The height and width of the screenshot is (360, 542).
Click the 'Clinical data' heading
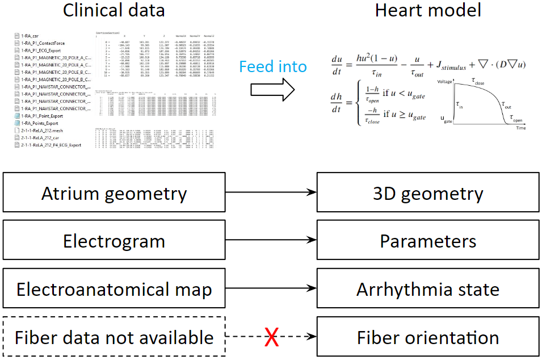click(114, 10)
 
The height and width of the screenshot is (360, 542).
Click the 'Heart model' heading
click(428, 10)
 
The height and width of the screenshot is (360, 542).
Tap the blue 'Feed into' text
click(273, 66)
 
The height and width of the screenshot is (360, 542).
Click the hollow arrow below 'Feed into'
click(273, 88)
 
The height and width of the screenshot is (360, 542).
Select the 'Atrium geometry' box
click(114, 194)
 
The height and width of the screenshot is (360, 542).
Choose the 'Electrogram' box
click(114, 242)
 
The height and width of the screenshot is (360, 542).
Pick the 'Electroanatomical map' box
click(114, 290)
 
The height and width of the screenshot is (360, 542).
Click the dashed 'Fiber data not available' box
click(114, 338)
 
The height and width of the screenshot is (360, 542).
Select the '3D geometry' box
click(428, 194)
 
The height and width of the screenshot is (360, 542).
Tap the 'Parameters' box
click(428, 242)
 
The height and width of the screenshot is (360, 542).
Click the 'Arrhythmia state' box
click(428, 290)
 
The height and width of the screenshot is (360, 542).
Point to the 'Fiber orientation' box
click(428, 338)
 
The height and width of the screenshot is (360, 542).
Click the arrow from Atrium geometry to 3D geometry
click(271, 194)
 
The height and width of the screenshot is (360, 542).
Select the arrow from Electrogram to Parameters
click(271, 242)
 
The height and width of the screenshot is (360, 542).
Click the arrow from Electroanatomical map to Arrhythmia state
click(271, 290)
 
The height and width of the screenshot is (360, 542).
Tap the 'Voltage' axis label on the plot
click(444, 82)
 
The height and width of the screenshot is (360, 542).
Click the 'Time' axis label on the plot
click(520, 128)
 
